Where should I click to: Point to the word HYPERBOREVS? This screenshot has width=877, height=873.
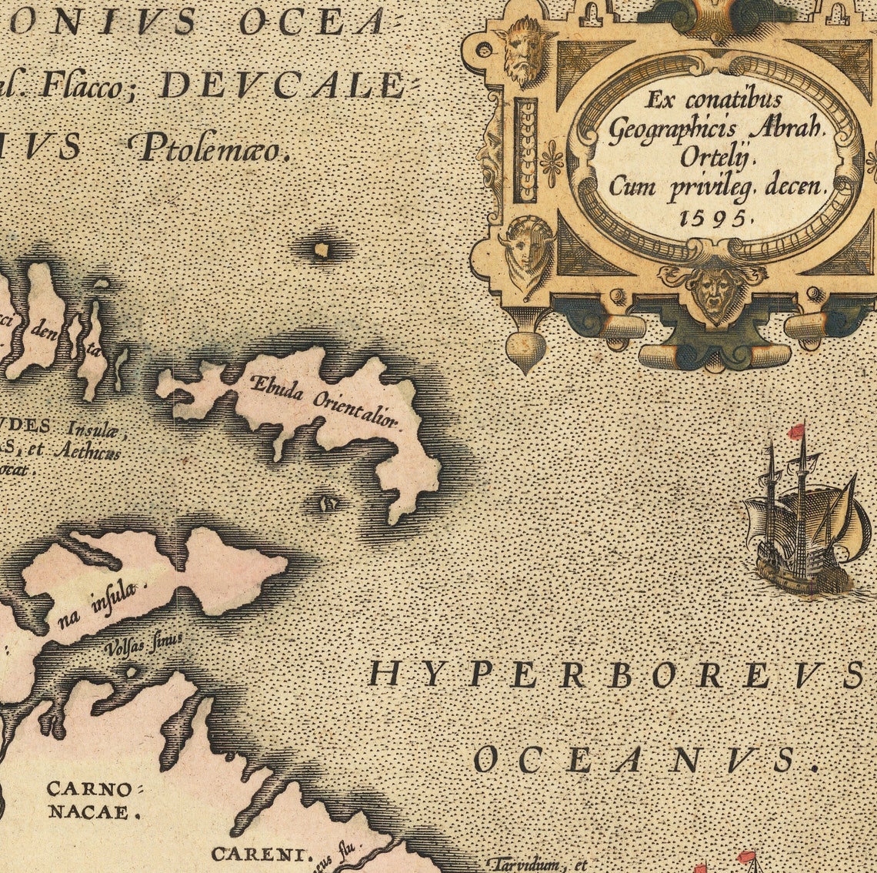tap(615, 674)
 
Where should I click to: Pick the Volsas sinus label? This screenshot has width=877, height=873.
tap(145, 641)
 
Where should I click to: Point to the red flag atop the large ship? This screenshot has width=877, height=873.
tap(797, 431)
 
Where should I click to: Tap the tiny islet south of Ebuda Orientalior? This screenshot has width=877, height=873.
tap(330, 504)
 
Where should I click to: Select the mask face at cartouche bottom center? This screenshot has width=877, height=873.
tap(714, 293)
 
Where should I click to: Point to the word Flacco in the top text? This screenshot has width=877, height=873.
tap(81, 86)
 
